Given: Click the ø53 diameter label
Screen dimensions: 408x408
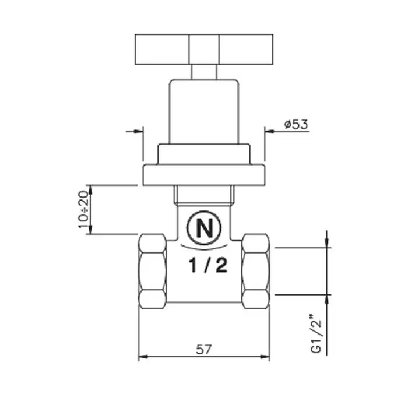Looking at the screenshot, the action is click(x=296, y=124).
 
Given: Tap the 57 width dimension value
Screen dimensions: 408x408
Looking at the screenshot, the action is click(x=204, y=349).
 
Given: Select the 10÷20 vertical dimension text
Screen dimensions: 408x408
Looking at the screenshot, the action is click(x=83, y=209).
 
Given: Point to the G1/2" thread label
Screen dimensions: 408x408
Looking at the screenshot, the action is click(x=316, y=334).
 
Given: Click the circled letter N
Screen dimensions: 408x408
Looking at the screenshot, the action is click(x=204, y=228).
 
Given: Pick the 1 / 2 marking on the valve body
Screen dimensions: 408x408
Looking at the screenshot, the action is click(x=208, y=265).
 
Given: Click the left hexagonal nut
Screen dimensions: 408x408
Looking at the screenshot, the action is click(x=152, y=272).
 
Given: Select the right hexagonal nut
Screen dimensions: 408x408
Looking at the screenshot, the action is click(x=256, y=272).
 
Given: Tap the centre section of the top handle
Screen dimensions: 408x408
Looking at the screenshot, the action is click(x=204, y=49).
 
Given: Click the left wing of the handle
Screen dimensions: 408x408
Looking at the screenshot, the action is click(x=162, y=49).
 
